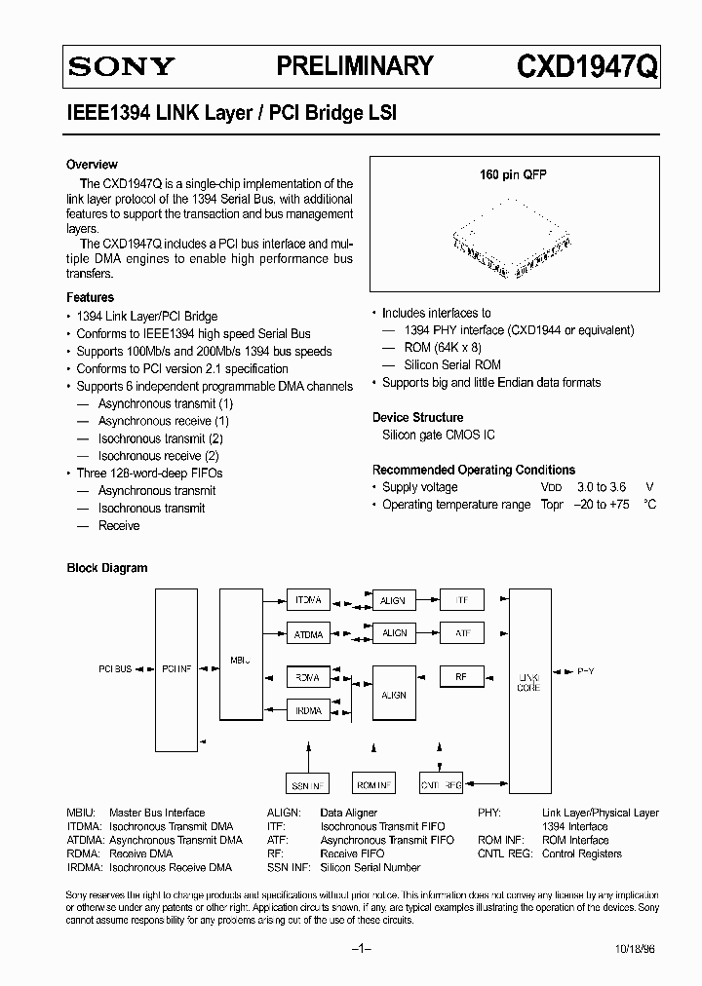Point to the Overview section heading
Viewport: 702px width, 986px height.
tap(92, 165)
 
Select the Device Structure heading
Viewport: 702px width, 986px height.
tap(417, 417)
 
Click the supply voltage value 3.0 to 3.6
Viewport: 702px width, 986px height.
tap(603, 487)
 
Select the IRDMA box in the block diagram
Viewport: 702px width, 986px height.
tap(308, 710)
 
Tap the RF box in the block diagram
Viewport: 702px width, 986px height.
tap(462, 675)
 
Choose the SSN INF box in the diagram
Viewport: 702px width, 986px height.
tap(308, 784)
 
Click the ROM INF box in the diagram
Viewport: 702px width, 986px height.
tap(374, 784)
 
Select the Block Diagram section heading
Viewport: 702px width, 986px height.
tap(107, 568)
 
